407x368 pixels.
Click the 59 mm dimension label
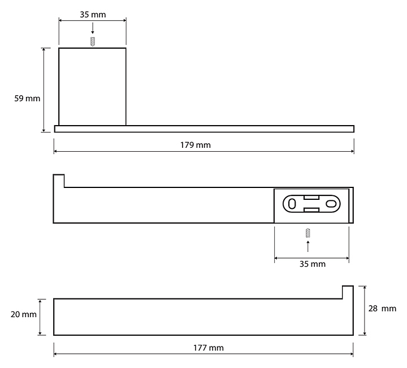coord(27,99)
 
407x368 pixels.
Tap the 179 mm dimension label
coord(196,145)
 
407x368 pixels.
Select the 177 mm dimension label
coord(209,348)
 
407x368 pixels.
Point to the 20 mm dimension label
coord(24,314)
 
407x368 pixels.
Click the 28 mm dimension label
coord(382,309)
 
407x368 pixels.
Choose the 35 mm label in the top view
coord(93,15)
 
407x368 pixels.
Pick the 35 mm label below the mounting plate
coord(312,264)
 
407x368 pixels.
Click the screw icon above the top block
coord(92,41)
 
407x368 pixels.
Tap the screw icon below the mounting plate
coord(308,233)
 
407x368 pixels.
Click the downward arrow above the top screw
coord(92,28)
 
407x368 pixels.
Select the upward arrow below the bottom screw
coord(308,246)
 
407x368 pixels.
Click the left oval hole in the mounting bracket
coord(292,204)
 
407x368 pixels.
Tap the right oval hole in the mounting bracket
coord(331,204)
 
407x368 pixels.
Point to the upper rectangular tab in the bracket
coord(311,198)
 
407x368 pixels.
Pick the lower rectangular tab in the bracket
coord(311,210)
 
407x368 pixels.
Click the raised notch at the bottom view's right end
coord(348,292)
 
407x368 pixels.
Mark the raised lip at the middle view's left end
coord(59,181)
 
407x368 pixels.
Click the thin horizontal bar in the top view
coord(204,129)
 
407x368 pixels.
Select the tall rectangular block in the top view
coord(92,87)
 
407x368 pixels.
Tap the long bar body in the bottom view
coord(203,317)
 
